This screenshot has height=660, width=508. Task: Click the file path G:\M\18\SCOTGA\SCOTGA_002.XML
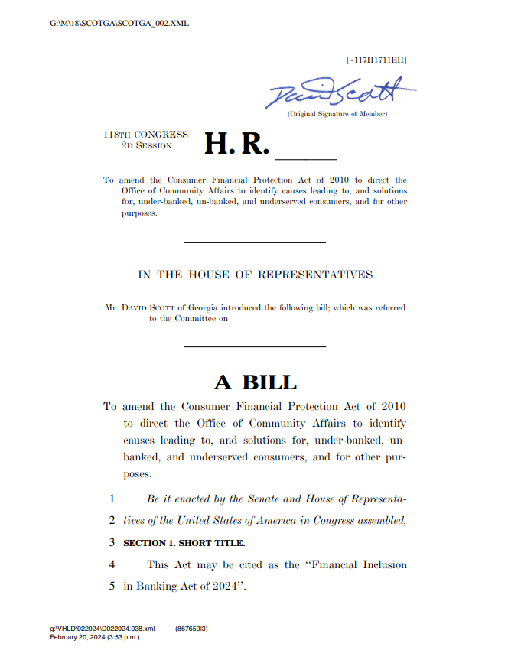tap(119, 24)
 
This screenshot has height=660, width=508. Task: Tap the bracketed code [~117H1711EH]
tap(376, 60)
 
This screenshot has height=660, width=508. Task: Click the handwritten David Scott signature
tap(340, 93)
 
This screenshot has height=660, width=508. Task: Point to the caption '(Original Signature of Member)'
tap(337, 114)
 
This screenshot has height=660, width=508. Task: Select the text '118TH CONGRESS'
tap(145, 135)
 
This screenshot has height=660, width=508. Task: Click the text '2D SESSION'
tap(146, 145)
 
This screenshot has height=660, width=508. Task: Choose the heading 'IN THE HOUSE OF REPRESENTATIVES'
tap(255, 275)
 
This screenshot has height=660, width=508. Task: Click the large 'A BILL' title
tap(255, 382)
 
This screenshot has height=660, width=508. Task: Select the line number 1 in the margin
tap(112, 499)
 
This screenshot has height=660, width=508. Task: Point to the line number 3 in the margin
tap(112, 543)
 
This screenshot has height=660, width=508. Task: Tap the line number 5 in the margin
tap(112, 587)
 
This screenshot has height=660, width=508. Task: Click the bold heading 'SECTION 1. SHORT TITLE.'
tap(184, 543)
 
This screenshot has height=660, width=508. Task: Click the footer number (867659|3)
tap(191, 629)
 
